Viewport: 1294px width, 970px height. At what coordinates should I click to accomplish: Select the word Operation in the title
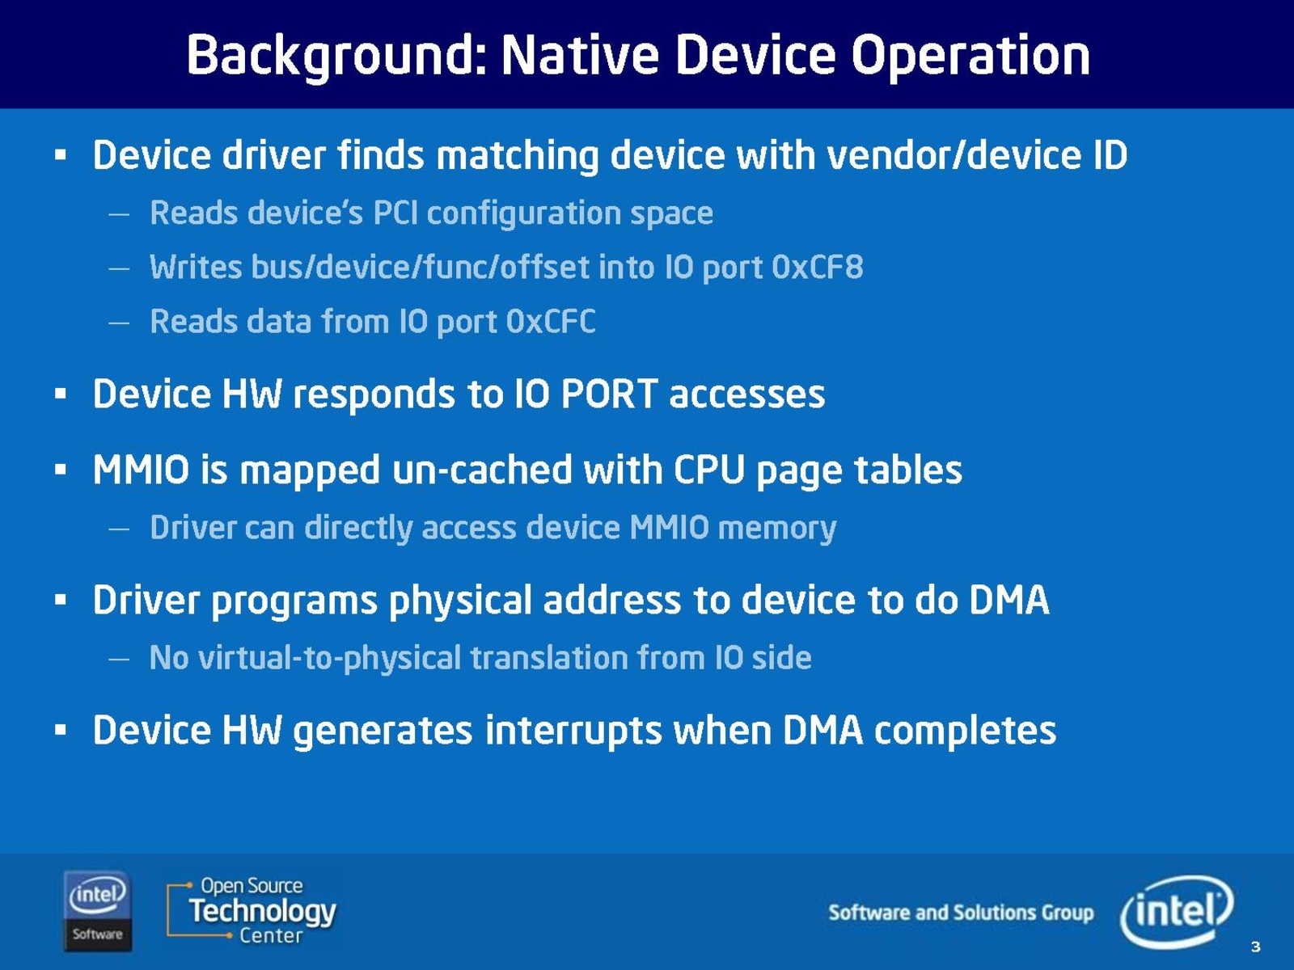pyautogui.click(x=970, y=57)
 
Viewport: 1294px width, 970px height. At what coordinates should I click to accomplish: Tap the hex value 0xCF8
pyautogui.click(x=818, y=267)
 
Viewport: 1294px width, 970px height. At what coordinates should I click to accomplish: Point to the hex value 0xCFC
pyautogui.click(x=551, y=322)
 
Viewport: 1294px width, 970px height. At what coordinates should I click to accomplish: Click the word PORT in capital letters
pyautogui.click(x=609, y=394)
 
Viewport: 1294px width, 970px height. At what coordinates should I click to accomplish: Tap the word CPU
pyautogui.click(x=709, y=470)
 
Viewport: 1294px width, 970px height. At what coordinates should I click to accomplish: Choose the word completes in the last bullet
pyautogui.click(x=965, y=731)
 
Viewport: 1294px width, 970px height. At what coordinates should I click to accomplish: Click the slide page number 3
pyautogui.click(x=1255, y=947)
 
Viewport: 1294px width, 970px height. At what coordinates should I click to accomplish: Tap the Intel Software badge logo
pyautogui.click(x=97, y=910)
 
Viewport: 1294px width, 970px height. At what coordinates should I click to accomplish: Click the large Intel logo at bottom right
pyautogui.click(x=1176, y=911)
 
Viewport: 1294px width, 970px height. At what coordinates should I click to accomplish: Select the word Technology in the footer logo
pyautogui.click(x=262, y=911)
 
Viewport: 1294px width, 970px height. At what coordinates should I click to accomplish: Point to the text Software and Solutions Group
pyautogui.click(x=961, y=913)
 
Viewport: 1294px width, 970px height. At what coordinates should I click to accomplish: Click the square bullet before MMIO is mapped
pyautogui.click(x=60, y=470)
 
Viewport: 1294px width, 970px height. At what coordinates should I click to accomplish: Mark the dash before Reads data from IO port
pyautogui.click(x=119, y=323)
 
